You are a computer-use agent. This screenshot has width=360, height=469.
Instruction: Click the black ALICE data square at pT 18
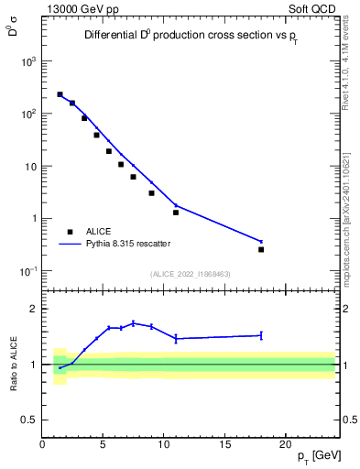tap(261, 249)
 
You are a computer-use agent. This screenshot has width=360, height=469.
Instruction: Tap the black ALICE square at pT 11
tap(176, 213)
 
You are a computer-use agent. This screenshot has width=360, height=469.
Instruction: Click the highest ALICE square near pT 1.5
tap(60, 94)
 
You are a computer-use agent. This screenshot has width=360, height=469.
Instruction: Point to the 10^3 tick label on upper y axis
tap(28, 61)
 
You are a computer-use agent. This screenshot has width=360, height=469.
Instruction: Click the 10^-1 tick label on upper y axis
tap(28, 271)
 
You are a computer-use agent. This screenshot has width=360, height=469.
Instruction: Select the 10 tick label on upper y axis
tap(31, 167)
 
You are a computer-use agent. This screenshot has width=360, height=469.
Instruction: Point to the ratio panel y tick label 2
tap(34, 309)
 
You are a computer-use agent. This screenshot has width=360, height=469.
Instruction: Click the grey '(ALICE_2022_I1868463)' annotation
tap(190, 274)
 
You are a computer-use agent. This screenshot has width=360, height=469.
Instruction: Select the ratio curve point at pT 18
tap(261, 335)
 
